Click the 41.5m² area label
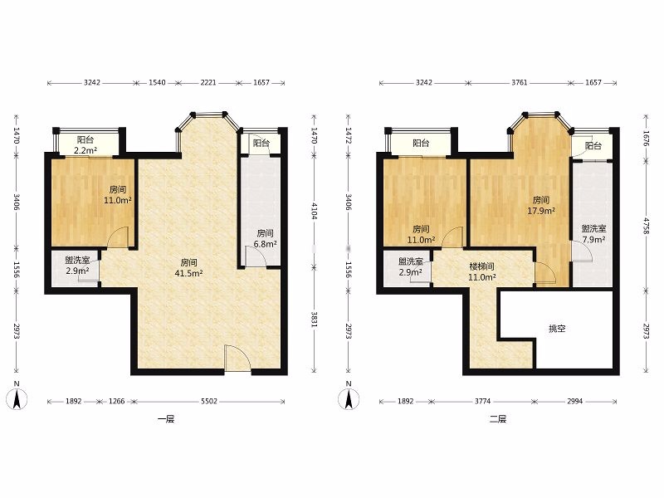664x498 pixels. pyautogui.click(x=189, y=274)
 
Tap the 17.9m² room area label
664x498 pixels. pyautogui.click(x=541, y=211)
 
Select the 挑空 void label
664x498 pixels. pyautogui.click(x=557, y=329)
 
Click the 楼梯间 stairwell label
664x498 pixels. pyautogui.click(x=482, y=266)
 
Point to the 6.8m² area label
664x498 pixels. pyautogui.click(x=266, y=244)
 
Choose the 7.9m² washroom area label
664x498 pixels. pyautogui.click(x=593, y=240)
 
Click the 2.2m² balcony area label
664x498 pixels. pyautogui.click(x=85, y=150)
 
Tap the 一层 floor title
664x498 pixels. pyautogui.click(x=166, y=419)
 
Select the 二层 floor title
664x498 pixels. pyautogui.click(x=498, y=419)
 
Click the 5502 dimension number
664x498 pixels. pyautogui.click(x=209, y=401)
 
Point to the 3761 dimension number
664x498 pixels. pyautogui.click(x=520, y=82)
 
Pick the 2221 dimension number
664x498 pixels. pyautogui.click(x=208, y=82)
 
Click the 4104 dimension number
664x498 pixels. pyautogui.click(x=314, y=211)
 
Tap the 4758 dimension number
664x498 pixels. pyautogui.click(x=646, y=227)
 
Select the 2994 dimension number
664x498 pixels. pyautogui.click(x=574, y=401)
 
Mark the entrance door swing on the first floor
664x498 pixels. pyautogui.click(x=237, y=359)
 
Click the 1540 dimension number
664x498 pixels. pyautogui.click(x=157, y=82)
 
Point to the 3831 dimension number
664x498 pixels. pyautogui.click(x=314, y=320)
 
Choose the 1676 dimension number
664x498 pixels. pyautogui.click(x=646, y=138)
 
